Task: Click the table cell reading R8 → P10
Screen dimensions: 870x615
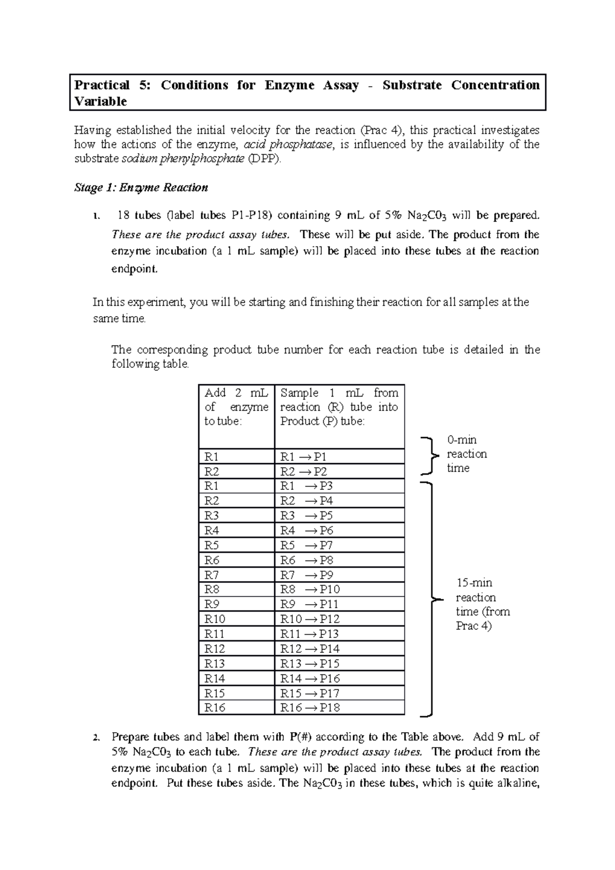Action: (310, 589)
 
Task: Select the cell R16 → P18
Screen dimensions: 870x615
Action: (310, 708)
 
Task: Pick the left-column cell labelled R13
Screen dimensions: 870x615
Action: (215, 664)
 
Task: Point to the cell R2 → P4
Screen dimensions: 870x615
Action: (306, 501)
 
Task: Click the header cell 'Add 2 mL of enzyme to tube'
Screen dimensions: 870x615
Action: (236, 407)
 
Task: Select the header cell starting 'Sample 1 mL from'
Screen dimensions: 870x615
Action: (339, 407)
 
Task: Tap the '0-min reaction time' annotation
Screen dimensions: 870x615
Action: (466, 454)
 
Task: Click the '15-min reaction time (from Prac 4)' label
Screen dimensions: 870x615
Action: (482, 604)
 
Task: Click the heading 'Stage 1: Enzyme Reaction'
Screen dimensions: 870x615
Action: (141, 188)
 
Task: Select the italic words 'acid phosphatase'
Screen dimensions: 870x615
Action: (289, 144)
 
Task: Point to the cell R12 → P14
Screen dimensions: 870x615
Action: (310, 649)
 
